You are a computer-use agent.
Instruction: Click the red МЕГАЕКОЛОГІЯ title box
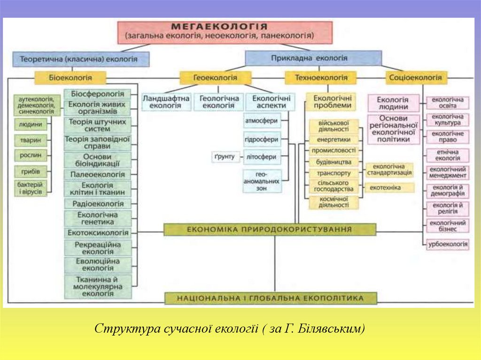[225, 31]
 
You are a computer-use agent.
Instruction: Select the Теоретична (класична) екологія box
[81, 59]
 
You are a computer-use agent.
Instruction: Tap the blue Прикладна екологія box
[313, 58]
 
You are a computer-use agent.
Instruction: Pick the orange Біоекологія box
[70, 77]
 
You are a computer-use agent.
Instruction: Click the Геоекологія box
[215, 77]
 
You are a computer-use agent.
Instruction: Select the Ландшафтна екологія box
[166, 102]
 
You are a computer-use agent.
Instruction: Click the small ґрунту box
[225, 157]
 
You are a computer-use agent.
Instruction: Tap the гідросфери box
[262, 139]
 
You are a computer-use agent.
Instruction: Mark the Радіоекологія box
[98, 204]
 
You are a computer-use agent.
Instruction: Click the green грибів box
[31, 171]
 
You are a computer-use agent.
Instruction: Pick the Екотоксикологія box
[98, 233]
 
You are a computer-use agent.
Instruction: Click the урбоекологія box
[448, 244]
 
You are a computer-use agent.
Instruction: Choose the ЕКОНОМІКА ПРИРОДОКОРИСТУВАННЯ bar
[270, 230]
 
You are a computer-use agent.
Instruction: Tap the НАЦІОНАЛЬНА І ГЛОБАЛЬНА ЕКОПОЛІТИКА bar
[271, 298]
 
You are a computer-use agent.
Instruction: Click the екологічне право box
[448, 137]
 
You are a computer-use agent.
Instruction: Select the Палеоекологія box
[98, 175]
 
